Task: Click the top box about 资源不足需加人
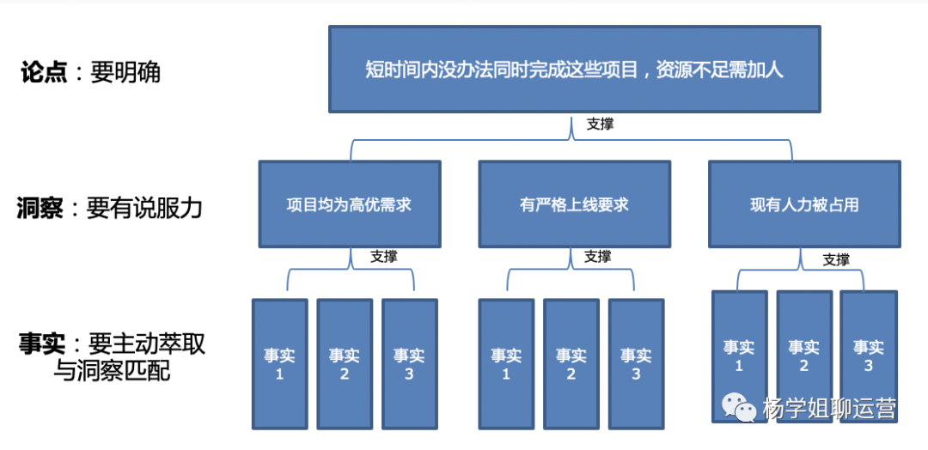pyautogui.click(x=574, y=70)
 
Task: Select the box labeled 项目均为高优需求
pyautogui.click(x=349, y=204)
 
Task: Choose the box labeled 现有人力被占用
pyautogui.click(x=804, y=204)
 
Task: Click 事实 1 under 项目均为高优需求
pyautogui.click(x=279, y=363)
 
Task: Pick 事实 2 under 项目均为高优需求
pyautogui.click(x=345, y=363)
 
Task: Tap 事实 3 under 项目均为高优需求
pyautogui.click(x=409, y=363)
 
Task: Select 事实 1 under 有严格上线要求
pyautogui.click(x=506, y=363)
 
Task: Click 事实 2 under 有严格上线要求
pyautogui.click(x=571, y=363)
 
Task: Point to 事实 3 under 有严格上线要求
pyautogui.click(x=636, y=363)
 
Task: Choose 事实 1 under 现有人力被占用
pyautogui.click(x=739, y=356)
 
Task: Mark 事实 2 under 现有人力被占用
pyautogui.click(x=804, y=356)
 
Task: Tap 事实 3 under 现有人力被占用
pyautogui.click(x=869, y=356)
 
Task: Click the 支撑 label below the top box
pyautogui.click(x=600, y=125)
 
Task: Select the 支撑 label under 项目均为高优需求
pyautogui.click(x=384, y=256)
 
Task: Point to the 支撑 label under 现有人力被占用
pyautogui.click(x=836, y=259)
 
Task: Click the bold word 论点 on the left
pyautogui.click(x=44, y=72)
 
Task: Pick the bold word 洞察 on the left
pyautogui.click(x=40, y=208)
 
